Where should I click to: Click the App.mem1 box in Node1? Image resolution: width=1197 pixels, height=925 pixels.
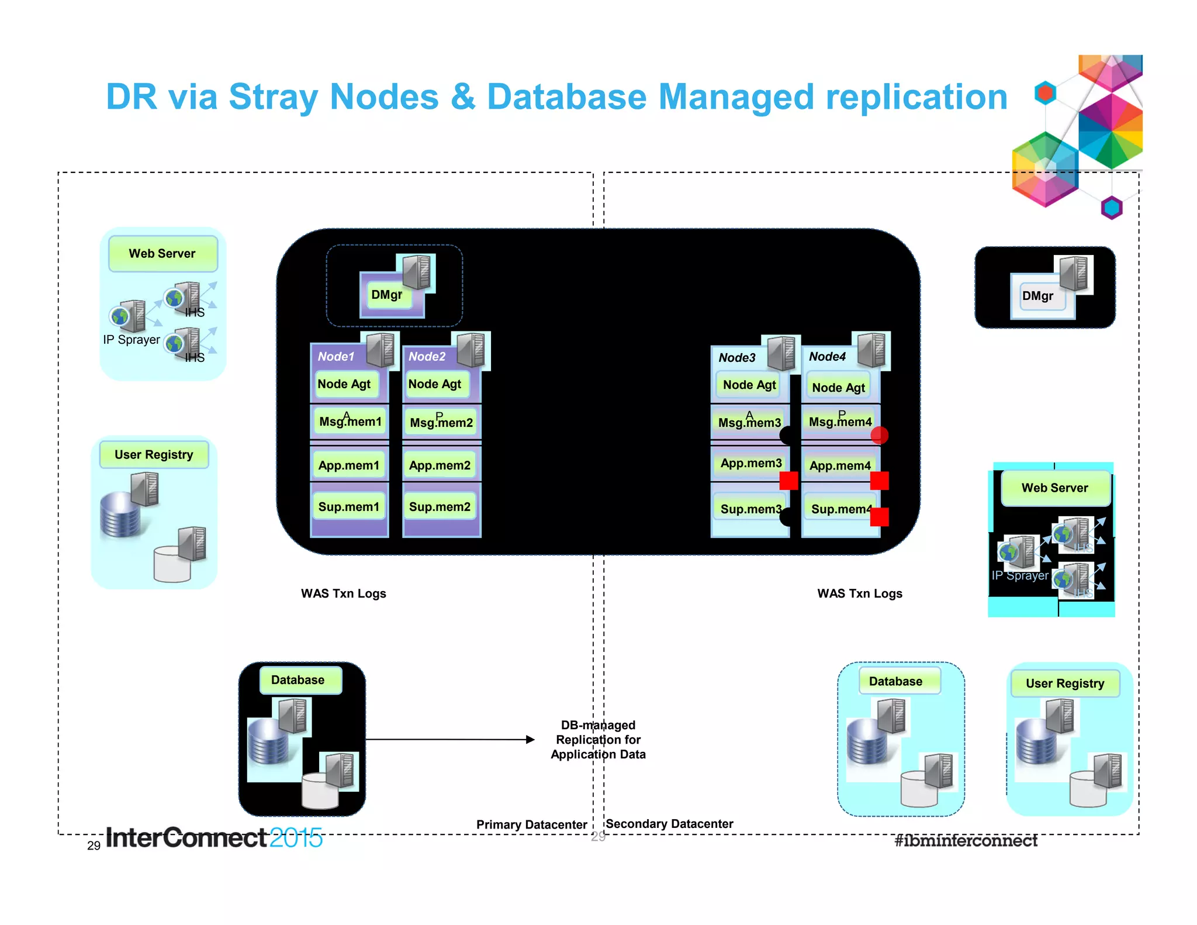tap(349, 465)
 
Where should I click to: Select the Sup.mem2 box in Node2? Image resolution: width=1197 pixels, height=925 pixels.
tap(440, 506)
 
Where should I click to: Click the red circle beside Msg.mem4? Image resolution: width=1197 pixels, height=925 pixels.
tap(879, 435)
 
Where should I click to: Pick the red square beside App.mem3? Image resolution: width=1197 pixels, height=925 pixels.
tap(788, 481)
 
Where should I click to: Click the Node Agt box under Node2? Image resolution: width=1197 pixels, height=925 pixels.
tap(435, 384)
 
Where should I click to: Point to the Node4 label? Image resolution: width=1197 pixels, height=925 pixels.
tap(827, 356)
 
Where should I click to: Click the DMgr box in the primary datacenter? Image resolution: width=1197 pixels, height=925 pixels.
tap(387, 295)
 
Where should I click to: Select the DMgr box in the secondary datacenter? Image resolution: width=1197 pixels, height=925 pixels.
tap(1037, 296)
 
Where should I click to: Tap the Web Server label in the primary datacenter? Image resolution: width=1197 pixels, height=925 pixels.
tap(162, 253)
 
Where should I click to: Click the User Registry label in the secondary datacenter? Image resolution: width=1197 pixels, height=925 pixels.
tap(1065, 683)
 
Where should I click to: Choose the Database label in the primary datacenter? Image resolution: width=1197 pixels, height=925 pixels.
tap(297, 679)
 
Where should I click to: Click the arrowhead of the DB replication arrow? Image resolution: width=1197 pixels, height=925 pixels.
tap(530, 740)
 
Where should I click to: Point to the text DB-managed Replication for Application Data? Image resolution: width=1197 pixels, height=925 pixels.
tap(598, 740)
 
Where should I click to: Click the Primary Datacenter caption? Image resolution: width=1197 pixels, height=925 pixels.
tap(531, 824)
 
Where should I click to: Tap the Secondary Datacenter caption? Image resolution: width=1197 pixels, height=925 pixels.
tap(669, 824)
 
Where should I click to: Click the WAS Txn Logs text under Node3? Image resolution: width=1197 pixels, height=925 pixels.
tap(859, 593)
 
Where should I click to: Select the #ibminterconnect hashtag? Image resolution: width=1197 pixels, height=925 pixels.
tap(966, 840)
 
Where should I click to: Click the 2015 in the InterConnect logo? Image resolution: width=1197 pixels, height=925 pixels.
tap(296, 838)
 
